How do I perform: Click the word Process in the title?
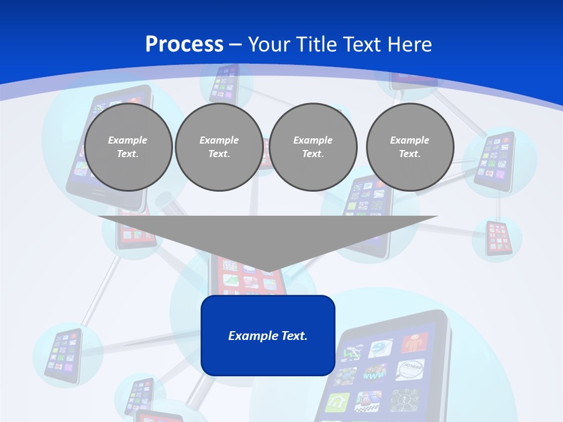pos(184,45)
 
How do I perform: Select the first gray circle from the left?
pos(128,147)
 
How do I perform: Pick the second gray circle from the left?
pos(219,147)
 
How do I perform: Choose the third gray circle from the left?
pos(313,147)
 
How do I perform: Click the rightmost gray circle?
pos(410,147)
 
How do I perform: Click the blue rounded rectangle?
pos(268,335)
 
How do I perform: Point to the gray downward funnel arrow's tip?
pos(268,270)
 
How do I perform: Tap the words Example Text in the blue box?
pos(268,336)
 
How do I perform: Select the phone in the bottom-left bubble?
pos(63,356)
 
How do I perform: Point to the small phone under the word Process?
pos(223,82)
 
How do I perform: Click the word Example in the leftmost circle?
pos(128,140)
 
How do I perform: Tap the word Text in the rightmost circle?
pos(409,154)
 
